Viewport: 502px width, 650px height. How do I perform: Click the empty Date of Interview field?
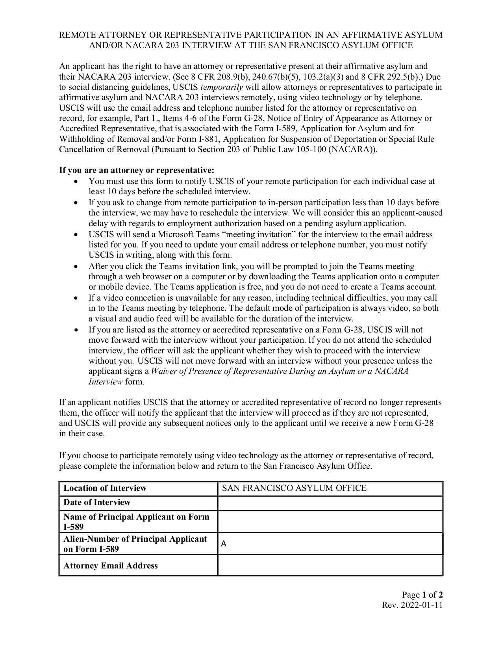(x=330, y=503)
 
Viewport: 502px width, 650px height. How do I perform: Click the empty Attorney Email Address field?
(x=330, y=565)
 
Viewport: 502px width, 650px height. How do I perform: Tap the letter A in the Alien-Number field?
(x=224, y=544)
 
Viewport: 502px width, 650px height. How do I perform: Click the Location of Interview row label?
(x=105, y=488)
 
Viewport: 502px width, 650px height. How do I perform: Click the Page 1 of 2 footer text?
(x=422, y=595)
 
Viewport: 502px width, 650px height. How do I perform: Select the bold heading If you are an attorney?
(x=136, y=170)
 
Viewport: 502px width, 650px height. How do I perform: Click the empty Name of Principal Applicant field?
(x=330, y=522)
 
